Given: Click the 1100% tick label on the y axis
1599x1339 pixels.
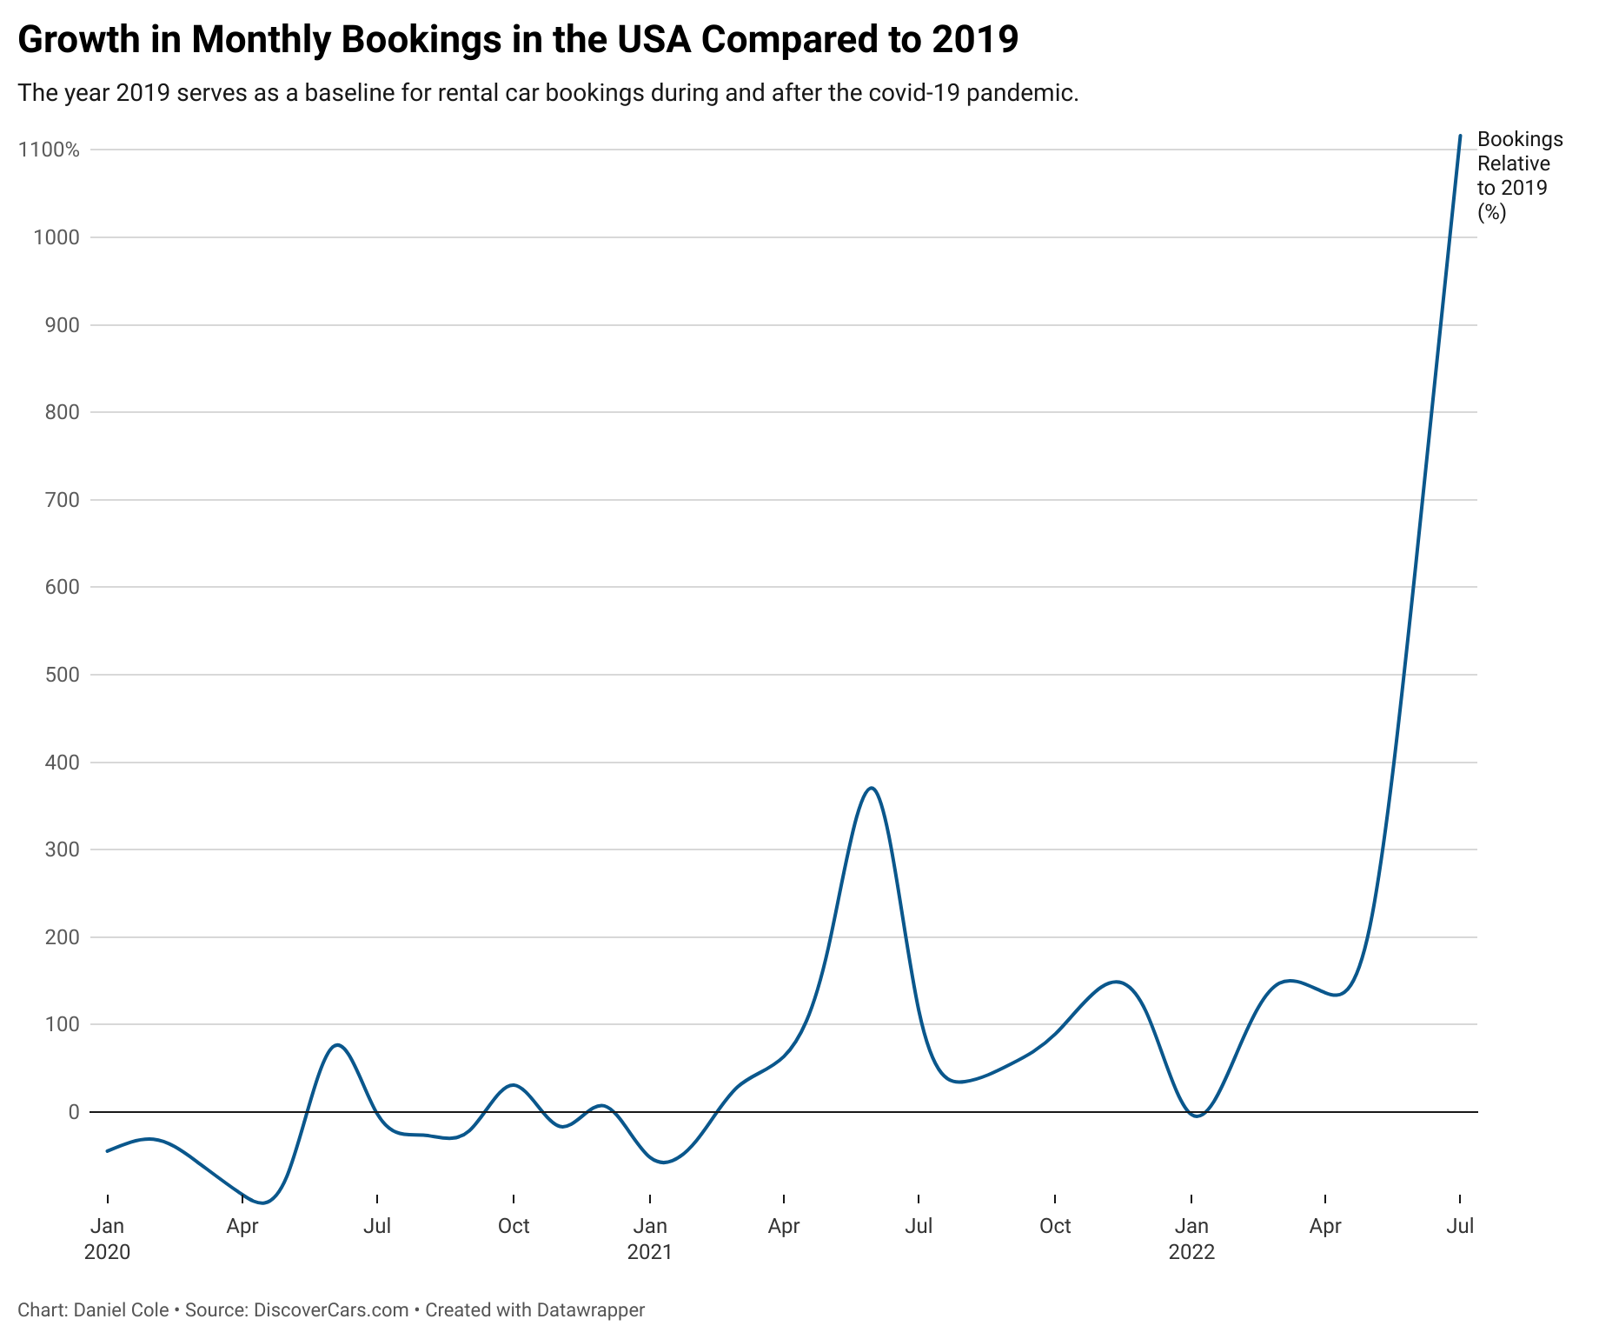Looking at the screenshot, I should coord(49,150).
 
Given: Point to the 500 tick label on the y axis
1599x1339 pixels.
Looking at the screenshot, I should coord(62,675).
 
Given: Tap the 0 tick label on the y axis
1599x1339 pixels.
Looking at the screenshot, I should coord(74,1112).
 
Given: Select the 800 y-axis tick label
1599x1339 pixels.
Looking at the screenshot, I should coord(62,412).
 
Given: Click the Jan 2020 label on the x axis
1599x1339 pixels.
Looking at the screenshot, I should coord(107,1238).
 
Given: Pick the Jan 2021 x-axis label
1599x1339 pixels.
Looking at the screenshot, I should coord(649,1238).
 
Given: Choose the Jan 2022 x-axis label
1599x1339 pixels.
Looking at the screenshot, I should coord(1191,1238).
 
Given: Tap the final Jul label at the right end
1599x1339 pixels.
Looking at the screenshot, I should coord(1460,1226).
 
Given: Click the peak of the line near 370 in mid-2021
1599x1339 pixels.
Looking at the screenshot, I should coord(872,788).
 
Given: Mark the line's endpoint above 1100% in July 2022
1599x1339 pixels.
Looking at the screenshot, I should coord(1460,136).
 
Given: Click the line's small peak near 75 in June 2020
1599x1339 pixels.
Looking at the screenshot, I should coord(337,1045).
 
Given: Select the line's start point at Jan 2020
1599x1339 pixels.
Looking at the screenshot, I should coord(107,1151).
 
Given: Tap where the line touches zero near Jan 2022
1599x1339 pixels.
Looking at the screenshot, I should coord(1198,1116).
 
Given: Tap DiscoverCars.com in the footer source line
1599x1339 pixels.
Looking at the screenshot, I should coord(331,1310).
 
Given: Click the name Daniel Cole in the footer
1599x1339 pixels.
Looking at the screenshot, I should coord(121,1310).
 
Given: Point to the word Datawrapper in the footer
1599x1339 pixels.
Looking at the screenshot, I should coord(590,1310).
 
